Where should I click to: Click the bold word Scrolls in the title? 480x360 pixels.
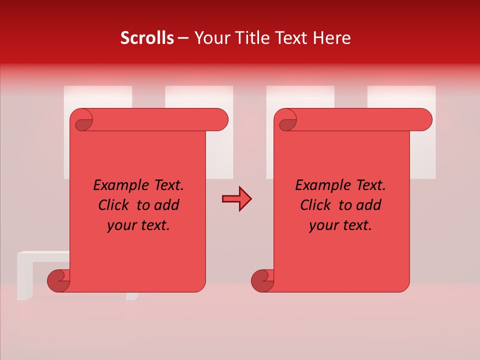click(147, 38)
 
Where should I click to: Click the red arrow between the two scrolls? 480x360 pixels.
click(236, 199)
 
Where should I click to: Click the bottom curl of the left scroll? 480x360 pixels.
click(58, 280)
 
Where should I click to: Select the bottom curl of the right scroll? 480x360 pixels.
click(262, 280)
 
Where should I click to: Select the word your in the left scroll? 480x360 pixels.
click(121, 226)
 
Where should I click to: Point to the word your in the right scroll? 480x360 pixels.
click(323, 226)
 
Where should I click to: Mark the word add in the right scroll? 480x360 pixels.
click(370, 205)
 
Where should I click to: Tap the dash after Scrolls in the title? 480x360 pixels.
click(183, 38)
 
